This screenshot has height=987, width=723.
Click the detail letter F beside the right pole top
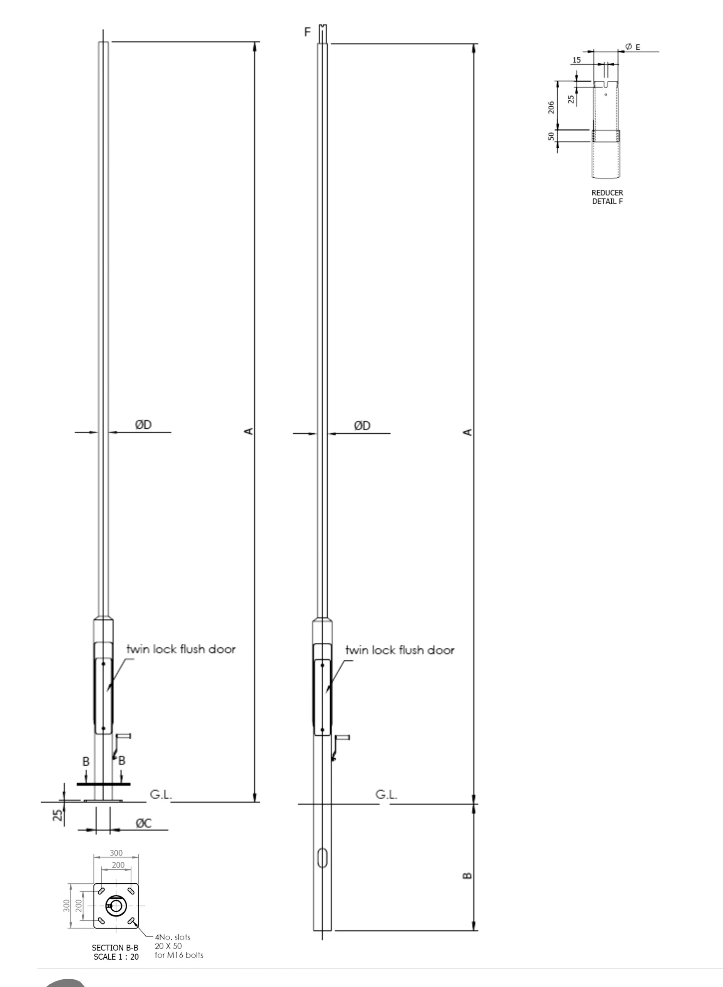pos(308,32)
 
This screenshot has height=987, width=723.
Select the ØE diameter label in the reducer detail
pos(633,46)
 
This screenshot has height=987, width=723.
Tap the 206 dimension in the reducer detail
pos(551,107)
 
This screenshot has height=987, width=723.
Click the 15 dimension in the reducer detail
pos(577,60)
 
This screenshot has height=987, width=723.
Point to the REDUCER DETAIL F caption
pos(607,197)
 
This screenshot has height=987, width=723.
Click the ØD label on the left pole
pos(143,424)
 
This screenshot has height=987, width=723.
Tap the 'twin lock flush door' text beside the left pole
pos(181,649)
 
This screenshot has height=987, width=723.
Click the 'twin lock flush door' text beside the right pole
pos(400,650)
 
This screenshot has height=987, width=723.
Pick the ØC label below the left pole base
pos(143,823)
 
